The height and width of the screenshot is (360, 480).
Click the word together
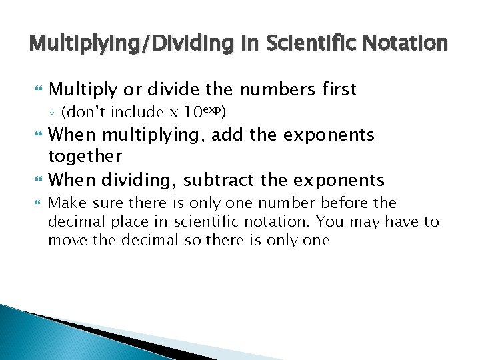tap(85, 157)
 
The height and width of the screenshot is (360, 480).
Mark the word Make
tap(66, 202)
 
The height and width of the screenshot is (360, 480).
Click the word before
tap(346, 202)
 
